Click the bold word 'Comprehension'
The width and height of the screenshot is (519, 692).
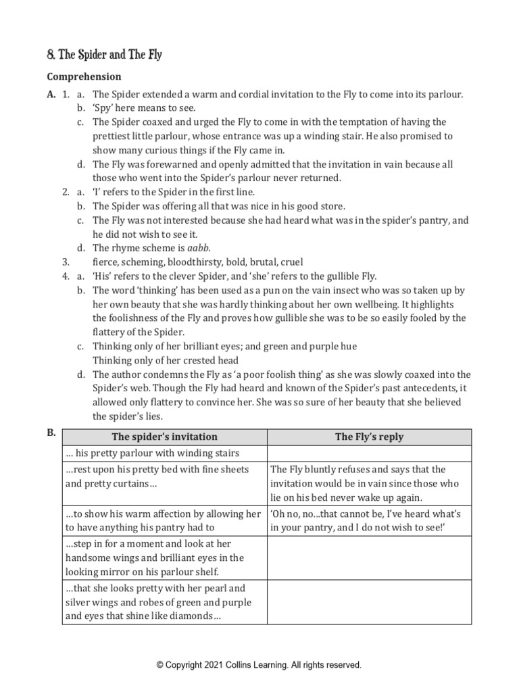pyautogui.click(x=84, y=77)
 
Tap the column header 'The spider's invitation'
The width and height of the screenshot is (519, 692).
pyautogui.click(x=165, y=437)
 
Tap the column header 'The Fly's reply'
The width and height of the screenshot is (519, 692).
pyautogui.click(x=369, y=437)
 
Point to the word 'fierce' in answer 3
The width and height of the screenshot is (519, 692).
pyautogui.click(x=106, y=262)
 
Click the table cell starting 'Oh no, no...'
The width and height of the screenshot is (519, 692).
pyautogui.click(x=369, y=520)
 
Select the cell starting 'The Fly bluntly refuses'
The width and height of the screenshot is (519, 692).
pyautogui.click(x=369, y=483)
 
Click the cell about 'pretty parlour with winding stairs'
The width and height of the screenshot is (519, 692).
pyautogui.click(x=165, y=453)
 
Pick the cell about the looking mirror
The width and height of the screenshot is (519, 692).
pyautogui.click(x=165, y=558)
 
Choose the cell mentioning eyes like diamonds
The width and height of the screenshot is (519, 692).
pyautogui.click(x=165, y=602)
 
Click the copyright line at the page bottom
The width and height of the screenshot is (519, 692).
pyautogui.click(x=259, y=665)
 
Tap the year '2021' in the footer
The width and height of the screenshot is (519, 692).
pyautogui.click(x=216, y=665)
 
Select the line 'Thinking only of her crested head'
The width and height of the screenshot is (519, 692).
pyautogui.click(x=166, y=360)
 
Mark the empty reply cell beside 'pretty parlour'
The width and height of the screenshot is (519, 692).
pyautogui.click(x=369, y=453)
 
